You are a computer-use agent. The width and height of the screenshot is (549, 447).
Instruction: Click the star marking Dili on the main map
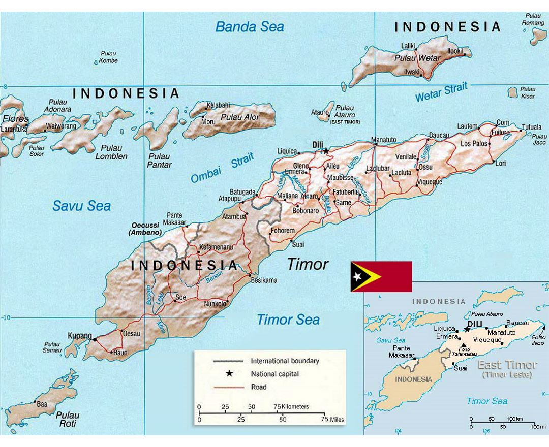(326, 151)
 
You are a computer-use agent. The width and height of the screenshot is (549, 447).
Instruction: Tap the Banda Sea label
(250, 26)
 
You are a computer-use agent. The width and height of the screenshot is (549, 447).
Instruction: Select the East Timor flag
(381, 276)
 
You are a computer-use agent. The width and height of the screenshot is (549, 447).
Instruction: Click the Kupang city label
(79, 336)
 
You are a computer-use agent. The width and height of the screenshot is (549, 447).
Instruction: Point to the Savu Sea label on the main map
(81, 206)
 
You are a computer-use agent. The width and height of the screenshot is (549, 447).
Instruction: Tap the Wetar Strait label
(441, 92)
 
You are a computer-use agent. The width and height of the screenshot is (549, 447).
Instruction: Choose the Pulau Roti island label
(67, 419)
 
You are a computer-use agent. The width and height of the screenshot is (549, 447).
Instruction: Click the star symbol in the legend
(229, 374)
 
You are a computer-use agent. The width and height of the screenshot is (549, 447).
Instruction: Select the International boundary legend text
(285, 361)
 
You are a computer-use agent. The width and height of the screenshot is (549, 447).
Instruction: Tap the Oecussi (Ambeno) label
(145, 229)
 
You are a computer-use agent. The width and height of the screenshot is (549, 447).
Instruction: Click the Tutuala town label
(531, 126)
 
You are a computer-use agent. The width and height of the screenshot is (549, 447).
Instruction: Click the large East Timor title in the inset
(507, 365)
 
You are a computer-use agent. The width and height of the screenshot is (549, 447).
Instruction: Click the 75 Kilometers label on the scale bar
(291, 407)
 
